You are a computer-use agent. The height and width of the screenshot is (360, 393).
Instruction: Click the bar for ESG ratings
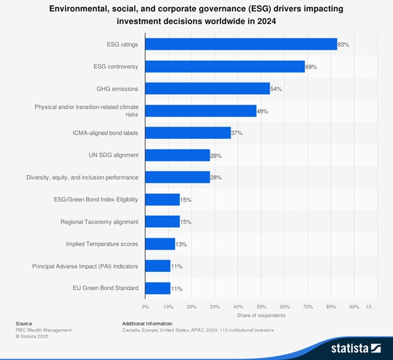pyautogui.click(x=241, y=44)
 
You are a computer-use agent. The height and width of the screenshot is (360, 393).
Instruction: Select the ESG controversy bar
pyautogui.click(x=225, y=66)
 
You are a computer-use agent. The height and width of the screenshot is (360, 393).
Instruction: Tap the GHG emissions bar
pyautogui.click(x=207, y=89)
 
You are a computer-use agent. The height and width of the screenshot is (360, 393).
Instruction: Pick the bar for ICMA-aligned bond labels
pyautogui.click(x=188, y=133)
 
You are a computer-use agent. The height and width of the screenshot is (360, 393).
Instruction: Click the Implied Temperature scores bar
pyautogui.click(x=160, y=244)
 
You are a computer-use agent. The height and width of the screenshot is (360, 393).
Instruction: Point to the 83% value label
pyautogui.click(x=343, y=45)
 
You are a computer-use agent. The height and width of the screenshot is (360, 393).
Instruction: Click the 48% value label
pyautogui.click(x=263, y=111)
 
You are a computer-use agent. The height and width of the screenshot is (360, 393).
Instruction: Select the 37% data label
pyautogui.click(x=237, y=133)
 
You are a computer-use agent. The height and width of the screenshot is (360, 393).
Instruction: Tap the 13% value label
pyautogui.click(x=181, y=244)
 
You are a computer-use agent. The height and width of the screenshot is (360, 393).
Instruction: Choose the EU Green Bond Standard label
pyautogui.click(x=106, y=288)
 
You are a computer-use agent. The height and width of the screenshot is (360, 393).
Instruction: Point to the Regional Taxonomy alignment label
pyautogui.click(x=99, y=222)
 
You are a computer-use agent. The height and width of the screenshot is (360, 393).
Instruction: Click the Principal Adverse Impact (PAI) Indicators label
pyautogui.click(x=85, y=266)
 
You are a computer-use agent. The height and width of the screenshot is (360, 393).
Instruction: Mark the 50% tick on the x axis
pyautogui.click(x=261, y=306)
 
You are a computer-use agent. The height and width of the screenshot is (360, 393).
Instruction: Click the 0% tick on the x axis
pyautogui.click(x=145, y=306)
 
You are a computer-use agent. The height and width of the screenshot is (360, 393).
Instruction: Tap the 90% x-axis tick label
pyautogui.click(x=354, y=306)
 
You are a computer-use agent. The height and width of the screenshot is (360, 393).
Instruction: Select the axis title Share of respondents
pyautogui.click(x=261, y=315)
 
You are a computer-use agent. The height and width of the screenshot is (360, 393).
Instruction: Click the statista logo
pyautogui.click(x=356, y=347)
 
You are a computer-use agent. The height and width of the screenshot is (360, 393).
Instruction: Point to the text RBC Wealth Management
pyautogui.click(x=43, y=330)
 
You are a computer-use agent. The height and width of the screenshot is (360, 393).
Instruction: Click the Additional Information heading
pyautogui.click(x=147, y=323)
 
